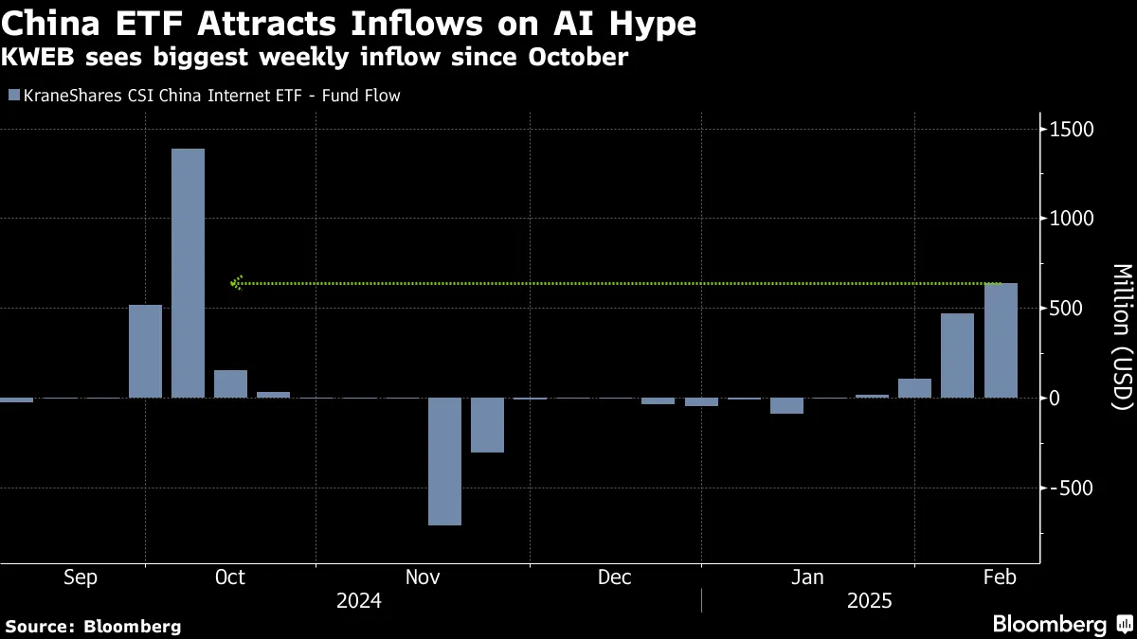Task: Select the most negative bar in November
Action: pyautogui.click(x=444, y=461)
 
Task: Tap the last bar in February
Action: pyautogui.click(x=1001, y=341)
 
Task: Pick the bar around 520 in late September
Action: pyautogui.click(x=145, y=351)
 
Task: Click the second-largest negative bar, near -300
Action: pyautogui.click(x=487, y=425)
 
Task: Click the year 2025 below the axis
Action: pyautogui.click(x=870, y=601)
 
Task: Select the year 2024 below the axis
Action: pyautogui.click(x=359, y=601)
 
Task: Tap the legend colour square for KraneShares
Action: pyautogui.click(x=12, y=96)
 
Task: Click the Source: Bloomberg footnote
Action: pyautogui.click(x=93, y=626)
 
